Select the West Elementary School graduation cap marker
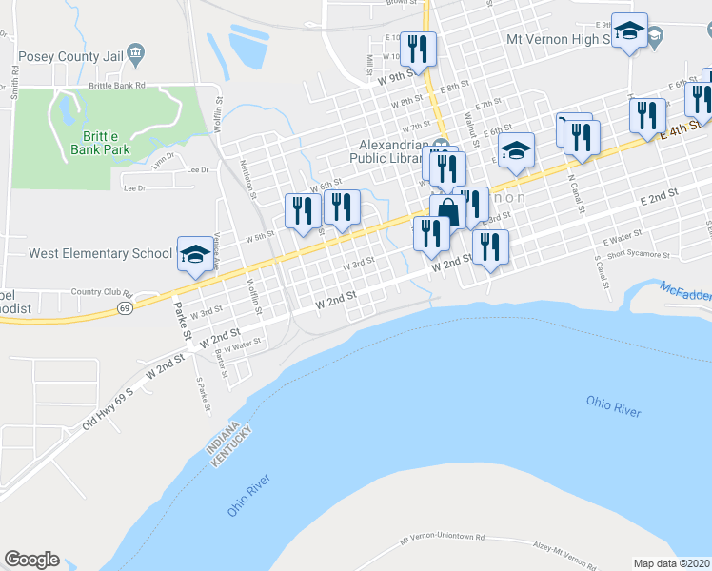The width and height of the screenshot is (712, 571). pyautogui.click(x=195, y=253)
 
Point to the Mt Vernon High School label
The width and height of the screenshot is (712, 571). pyautogui.click(x=564, y=39)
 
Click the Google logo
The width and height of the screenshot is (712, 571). pyautogui.click(x=31, y=560)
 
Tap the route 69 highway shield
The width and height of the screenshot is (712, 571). pyautogui.click(x=125, y=308)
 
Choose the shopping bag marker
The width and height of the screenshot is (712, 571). pyautogui.click(x=447, y=211)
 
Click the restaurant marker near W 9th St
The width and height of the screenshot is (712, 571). pyautogui.click(x=419, y=47)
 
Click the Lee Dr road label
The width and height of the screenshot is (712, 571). pyautogui.click(x=198, y=169)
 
